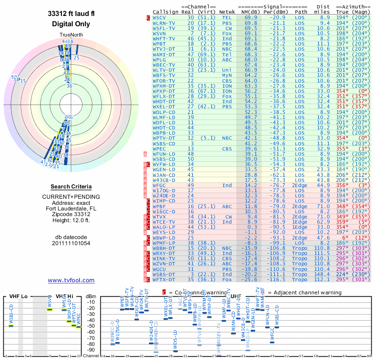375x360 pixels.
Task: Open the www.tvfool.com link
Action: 71,280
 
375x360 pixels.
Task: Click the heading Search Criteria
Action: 71,187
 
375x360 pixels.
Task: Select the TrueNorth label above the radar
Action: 71,35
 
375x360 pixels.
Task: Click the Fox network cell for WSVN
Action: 227,33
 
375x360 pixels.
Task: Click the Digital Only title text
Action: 71,24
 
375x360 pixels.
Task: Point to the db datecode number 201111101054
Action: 71,243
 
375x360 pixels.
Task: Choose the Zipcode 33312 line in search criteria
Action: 71,215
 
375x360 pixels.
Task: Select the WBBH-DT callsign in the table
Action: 164,247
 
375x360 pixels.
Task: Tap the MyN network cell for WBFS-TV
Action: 227,75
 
